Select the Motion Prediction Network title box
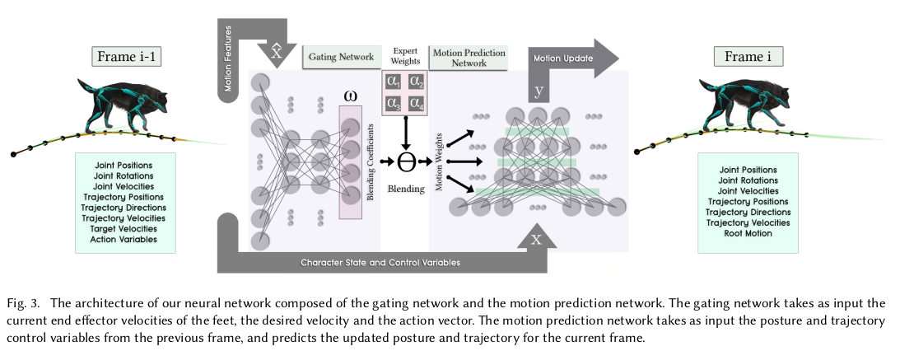[x=469, y=57]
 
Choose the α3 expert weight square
[x=394, y=105]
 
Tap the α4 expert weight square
[x=417, y=105]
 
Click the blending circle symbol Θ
[x=405, y=160]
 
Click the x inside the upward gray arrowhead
[x=536, y=240]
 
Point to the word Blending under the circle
[x=405, y=189]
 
